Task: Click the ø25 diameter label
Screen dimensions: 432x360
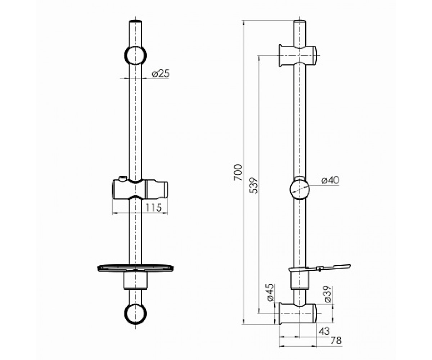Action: [x=161, y=73]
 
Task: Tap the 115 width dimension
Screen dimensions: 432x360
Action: [x=153, y=207]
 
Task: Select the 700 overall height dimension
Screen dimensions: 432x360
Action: [x=238, y=172]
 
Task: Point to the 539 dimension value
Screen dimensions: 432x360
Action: [x=254, y=186]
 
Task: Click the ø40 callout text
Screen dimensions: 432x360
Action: [x=330, y=180]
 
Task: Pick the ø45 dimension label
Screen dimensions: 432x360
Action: [x=270, y=292]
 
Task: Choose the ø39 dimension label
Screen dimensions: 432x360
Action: [x=328, y=294]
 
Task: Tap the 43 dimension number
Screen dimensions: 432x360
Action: [x=324, y=331]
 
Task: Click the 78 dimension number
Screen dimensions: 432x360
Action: [x=336, y=341]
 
